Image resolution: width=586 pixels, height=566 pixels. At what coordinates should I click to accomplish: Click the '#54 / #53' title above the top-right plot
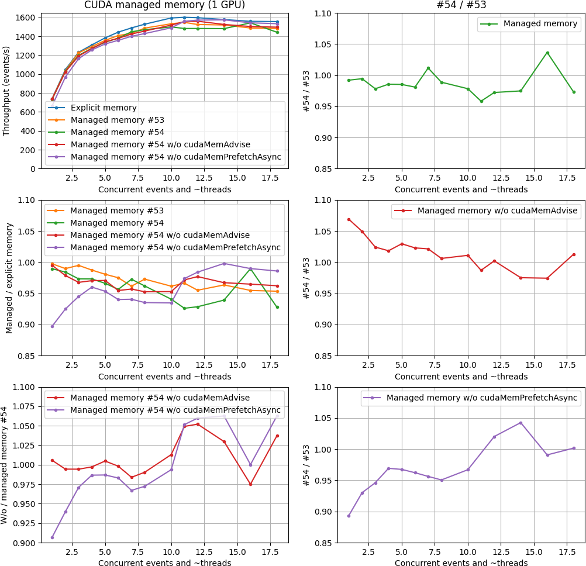pyautogui.click(x=461, y=6)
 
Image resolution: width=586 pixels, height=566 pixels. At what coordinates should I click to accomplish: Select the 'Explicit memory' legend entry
pyautogui.click(x=104, y=108)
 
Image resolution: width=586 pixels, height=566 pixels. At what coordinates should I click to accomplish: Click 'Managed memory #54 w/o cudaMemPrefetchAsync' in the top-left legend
pyautogui.click(x=175, y=157)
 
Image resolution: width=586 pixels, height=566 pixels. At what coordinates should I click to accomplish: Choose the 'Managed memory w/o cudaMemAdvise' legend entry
pyautogui.click(x=497, y=210)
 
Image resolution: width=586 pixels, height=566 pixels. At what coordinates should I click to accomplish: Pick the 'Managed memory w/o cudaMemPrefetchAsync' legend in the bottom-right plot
pyautogui.click(x=482, y=398)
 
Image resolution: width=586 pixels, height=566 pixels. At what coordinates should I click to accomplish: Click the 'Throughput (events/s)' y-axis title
pyautogui.click(x=6, y=92)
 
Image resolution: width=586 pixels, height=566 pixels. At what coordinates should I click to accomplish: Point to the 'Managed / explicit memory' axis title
pyautogui.click(x=9, y=278)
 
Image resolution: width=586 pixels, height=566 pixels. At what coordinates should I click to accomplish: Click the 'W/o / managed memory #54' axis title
pyautogui.click(x=5, y=465)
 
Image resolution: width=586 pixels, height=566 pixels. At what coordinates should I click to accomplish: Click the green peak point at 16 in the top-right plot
pyautogui.click(x=547, y=53)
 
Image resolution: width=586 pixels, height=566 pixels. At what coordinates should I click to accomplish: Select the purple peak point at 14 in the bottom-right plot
pyautogui.click(x=520, y=423)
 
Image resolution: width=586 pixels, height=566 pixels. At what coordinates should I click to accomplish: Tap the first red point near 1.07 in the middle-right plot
pyautogui.click(x=349, y=219)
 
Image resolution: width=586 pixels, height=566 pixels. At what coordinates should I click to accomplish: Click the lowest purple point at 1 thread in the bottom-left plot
pyautogui.click(x=52, y=537)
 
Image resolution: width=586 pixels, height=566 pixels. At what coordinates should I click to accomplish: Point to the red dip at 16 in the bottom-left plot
pyautogui.click(x=250, y=484)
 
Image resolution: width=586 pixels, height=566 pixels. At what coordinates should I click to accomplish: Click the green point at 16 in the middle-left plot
pyautogui.click(x=250, y=269)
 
